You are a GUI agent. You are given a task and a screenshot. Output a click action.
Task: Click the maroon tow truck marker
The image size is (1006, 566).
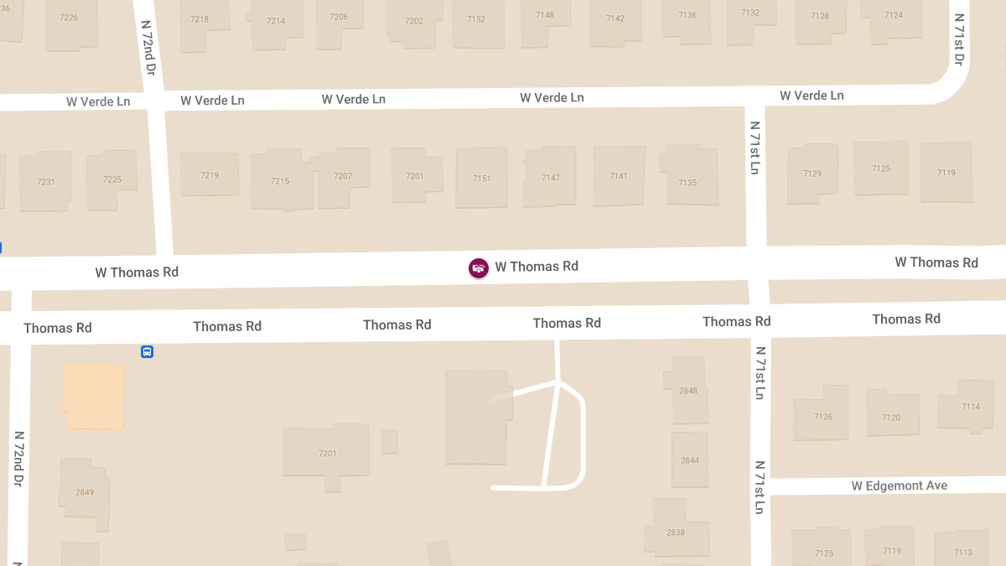479,268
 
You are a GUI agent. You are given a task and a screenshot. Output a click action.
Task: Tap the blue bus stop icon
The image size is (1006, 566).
147,352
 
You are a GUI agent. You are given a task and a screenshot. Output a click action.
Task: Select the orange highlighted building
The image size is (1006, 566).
94,397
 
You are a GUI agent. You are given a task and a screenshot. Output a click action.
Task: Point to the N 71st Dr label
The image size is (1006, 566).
959,39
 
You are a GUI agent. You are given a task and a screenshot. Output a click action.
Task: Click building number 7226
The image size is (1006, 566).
70,18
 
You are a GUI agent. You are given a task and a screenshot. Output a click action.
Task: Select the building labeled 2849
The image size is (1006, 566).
85,491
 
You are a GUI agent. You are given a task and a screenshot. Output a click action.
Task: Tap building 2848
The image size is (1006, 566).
688,391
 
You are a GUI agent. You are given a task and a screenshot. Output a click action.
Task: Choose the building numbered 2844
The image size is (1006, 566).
690,460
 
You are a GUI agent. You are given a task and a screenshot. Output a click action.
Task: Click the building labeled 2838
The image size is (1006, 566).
676,532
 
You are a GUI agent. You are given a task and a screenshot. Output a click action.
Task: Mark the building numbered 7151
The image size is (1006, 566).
481,179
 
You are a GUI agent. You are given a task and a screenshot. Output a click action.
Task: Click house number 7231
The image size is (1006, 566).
45,182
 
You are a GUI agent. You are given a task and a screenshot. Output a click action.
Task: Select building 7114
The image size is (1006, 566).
971,407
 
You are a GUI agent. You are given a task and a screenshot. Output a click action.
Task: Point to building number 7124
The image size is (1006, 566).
894,15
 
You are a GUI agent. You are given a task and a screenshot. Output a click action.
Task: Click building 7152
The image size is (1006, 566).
476,19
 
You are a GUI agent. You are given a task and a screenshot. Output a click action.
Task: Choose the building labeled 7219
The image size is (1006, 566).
210,175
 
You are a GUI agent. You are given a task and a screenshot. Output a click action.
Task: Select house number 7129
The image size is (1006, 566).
812,174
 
